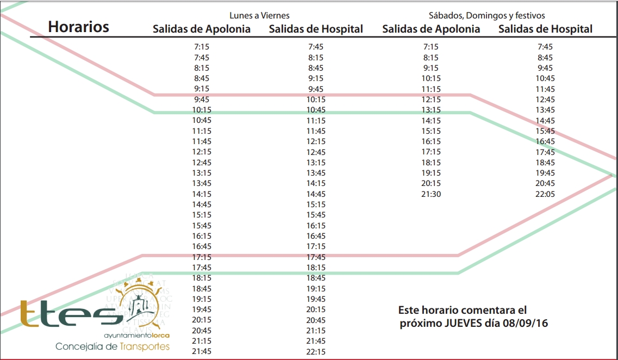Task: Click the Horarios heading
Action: click(x=78, y=27)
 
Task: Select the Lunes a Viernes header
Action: click(x=259, y=16)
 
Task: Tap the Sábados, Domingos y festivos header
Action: click(x=486, y=16)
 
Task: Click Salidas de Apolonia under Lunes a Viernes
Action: click(x=201, y=29)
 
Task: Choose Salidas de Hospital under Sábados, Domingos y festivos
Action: click(x=545, y=29)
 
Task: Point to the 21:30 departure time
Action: click(x=431, y=194)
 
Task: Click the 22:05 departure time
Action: click(x=545, y=194)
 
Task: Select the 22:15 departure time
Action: click(x=316, y=352)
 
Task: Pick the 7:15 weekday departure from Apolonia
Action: click(x=201, y=47)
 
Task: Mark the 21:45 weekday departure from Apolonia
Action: click(x=201, y=352)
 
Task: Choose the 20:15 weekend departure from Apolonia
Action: click(x=431, y=183)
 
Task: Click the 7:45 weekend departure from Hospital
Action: click(x=545, y=47)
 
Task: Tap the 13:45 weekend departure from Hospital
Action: click(x=545, y=110)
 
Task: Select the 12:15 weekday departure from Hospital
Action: click(x=316, y=141)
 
